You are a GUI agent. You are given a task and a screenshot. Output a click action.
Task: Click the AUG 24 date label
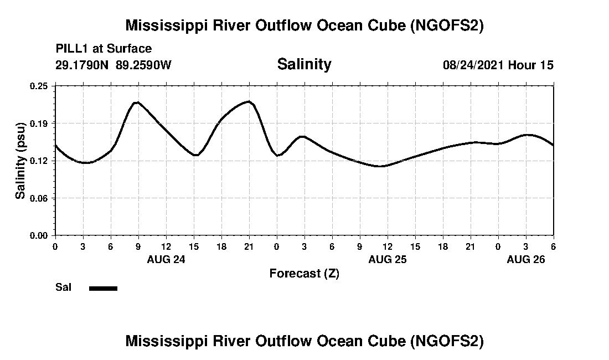pyautogui.click(x=166, y=259)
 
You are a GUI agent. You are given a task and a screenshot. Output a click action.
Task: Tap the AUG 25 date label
pyautogui.click(x=388, y=259)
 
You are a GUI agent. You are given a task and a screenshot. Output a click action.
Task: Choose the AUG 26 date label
pyautogui.click(x=526, y=259)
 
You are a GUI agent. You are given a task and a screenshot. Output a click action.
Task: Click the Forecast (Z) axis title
pyautogui.click(x=304, y=273)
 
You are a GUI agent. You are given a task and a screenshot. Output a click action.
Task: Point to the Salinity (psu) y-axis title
pyautogui.click(x=20, y=160)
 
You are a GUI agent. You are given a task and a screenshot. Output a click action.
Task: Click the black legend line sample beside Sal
pyautogui.click(x=103, y=288)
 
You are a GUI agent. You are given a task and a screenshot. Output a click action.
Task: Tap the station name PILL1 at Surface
pyautogui.click(x=104, y=49)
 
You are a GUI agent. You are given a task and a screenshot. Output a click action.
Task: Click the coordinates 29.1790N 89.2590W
pyautogui.click(x=113, y=65)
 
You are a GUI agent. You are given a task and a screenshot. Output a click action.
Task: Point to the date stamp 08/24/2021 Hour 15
pyautogui.click(x=498, y=65)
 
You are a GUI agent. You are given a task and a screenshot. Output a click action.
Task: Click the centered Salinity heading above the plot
pyautogui.click(x=304, y=64)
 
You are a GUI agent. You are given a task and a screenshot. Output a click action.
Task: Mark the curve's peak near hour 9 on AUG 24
pyautogui.click(x=137, y=102)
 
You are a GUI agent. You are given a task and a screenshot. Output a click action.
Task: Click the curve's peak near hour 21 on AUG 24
pyautogui.click(x=249, y=101)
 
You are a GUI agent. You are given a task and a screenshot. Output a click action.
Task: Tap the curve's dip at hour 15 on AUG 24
pyautogui.click(x=195, y=155)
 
